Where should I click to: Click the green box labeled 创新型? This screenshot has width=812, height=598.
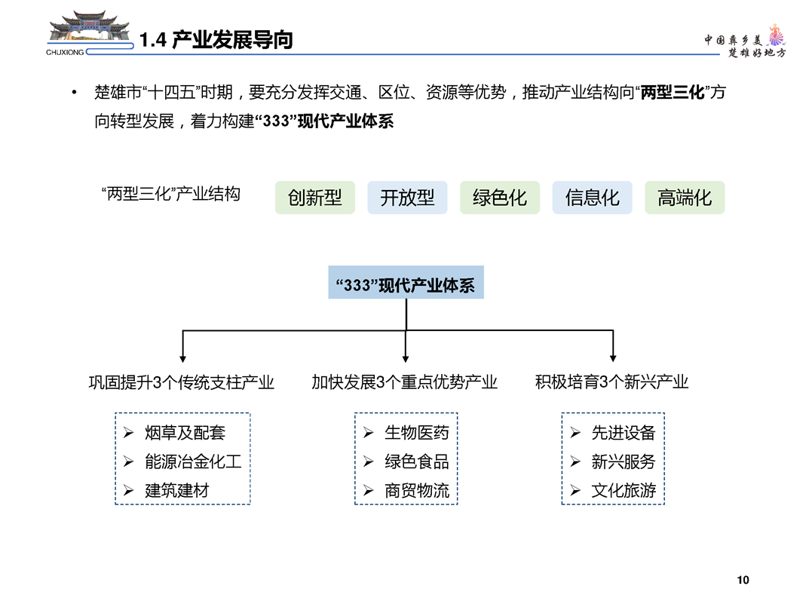(315, 198)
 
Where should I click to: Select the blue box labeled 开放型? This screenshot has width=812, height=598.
(408, 198)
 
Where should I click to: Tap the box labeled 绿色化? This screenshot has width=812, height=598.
(500, 198)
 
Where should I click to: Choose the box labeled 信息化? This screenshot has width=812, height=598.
(593, 198)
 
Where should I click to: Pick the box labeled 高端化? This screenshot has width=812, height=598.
(685, 198)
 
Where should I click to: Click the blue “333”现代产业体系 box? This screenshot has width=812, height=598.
(406, 282)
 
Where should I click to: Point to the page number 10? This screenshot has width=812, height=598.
(743, 580)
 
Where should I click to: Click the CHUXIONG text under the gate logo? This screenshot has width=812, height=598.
(65, 52)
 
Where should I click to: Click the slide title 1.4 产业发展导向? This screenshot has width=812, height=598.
(216, 40)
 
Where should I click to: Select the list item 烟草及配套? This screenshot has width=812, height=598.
(185, 432)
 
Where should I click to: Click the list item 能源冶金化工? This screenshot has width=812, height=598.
(193, 462)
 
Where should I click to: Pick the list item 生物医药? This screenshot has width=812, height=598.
(417, 432)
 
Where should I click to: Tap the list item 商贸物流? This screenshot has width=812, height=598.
(417, 490)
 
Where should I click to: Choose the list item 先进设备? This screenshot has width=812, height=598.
(624, 432)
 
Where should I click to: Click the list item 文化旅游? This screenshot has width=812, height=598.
(624, 490)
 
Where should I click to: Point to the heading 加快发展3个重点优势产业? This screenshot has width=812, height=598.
(404, 382)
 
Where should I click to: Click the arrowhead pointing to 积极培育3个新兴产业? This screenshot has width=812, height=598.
(613, 358)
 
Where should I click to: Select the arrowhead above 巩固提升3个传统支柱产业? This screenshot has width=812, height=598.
(182, 358)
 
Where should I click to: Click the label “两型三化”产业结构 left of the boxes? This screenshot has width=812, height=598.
(171, 194)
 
